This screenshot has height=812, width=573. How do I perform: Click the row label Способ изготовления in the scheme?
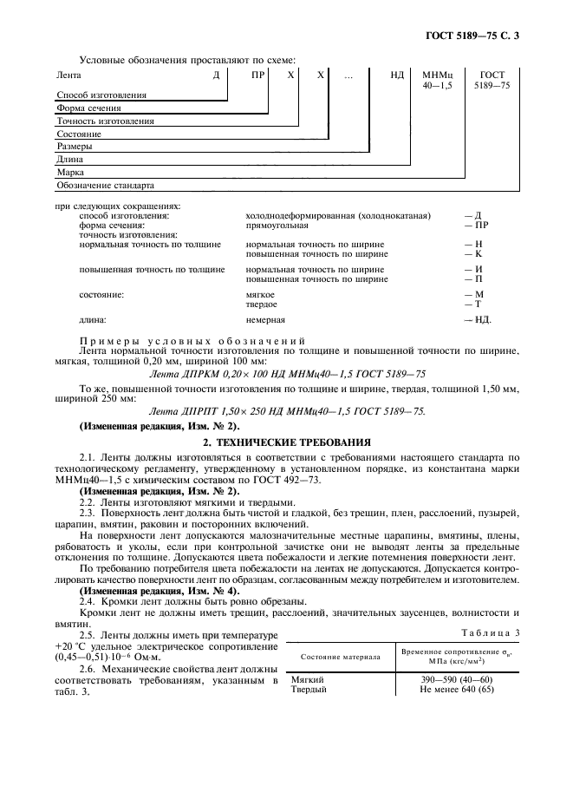(101, 95)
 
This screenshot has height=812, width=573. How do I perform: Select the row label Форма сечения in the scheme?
(88, 108)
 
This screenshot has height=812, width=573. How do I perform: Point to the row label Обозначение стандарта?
(105, 186)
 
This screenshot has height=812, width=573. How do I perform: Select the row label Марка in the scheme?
(70, 173)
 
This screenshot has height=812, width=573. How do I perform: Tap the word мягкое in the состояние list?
(261, 295)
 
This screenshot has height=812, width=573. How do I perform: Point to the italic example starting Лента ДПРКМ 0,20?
(288, 373)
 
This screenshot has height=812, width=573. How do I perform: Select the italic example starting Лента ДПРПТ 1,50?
(288, 410)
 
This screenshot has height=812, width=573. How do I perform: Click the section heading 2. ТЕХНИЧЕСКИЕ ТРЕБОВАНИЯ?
(287, 442)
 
